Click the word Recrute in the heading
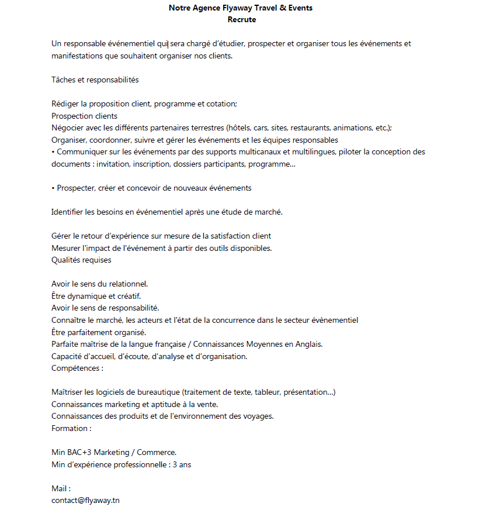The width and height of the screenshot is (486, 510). coord(242,20)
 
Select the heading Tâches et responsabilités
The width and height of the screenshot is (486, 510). coord(95,80)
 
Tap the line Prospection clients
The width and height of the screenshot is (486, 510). coord(84,116)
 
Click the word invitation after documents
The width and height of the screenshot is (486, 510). coord(113,164)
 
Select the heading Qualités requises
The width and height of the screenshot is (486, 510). coord(81,260)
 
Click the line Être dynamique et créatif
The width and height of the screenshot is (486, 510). coord(96,296)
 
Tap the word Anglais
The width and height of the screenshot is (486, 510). coord(308,344)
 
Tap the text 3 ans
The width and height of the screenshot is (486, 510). coord(182,464)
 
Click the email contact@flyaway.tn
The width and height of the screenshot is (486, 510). coord(85,500)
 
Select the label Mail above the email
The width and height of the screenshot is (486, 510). coord(60,488)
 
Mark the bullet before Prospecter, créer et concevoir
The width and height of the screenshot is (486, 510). coord(53,188)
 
